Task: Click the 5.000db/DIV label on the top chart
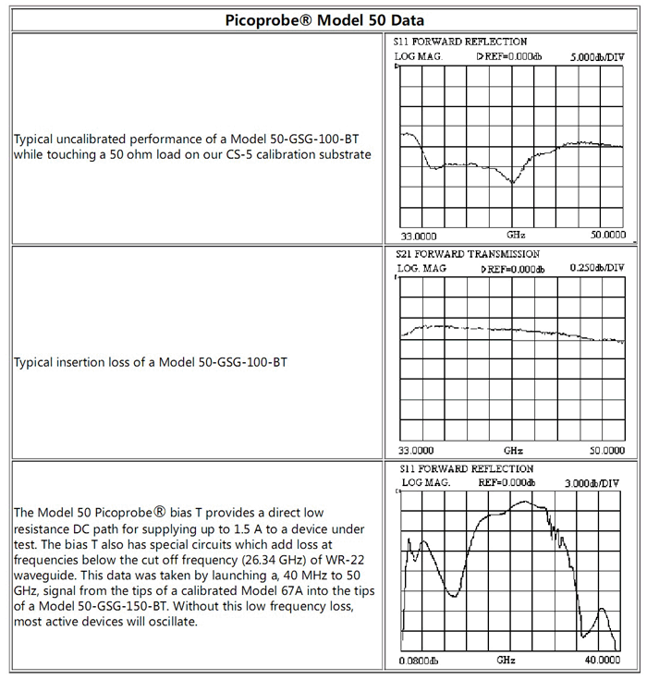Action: click(x=597, y=56)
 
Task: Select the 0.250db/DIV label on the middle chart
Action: click(x=595, y=269)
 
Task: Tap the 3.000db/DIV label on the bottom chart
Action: click(x=597, y=482)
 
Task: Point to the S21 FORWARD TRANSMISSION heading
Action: click(x=468, y=254)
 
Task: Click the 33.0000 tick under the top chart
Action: click(x=419, y=236)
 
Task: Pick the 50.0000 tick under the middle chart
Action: click(x=607, y=450)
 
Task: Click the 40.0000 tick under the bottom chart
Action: click(x=601, y=661)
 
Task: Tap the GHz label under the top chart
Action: click(x=516, y=236)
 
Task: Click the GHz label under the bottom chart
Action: click(x=507, y=661)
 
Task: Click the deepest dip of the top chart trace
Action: click(x=512, y=182)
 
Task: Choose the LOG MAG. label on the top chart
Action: click(x=419, y=56)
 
